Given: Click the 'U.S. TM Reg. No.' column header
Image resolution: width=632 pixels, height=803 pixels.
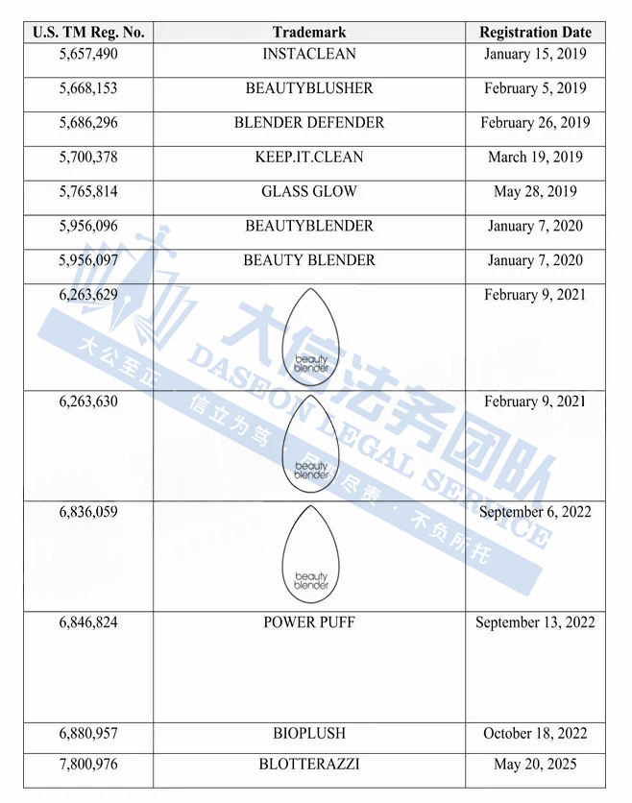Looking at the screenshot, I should coord(88,32).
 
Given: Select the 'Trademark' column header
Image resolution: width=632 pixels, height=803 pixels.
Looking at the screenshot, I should coord(309,32).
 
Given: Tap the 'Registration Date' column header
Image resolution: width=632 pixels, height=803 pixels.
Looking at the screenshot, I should coord(535,32).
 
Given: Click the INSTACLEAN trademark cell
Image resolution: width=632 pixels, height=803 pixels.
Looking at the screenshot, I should coord(309,54).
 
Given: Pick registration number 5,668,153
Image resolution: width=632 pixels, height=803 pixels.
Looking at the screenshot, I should coord(88,88).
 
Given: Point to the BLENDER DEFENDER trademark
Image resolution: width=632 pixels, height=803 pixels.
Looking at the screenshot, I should coord(309,123).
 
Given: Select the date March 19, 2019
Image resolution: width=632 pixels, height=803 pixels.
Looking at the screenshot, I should coord(535,158).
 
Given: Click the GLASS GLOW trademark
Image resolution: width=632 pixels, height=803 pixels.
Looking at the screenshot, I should coord(309,192).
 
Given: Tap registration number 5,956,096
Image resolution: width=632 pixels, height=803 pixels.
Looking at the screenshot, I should coord(88,227).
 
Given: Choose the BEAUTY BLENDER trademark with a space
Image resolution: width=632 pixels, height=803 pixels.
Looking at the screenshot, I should coord(309,260).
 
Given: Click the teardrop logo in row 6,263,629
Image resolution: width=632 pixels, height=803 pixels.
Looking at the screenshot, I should coord(310,332).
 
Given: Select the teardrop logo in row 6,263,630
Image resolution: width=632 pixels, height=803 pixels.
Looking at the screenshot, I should coord(310,441).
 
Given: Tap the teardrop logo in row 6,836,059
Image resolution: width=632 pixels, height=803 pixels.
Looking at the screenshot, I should coord(310,550).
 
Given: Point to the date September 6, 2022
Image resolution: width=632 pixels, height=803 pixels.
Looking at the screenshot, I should coord(535,512).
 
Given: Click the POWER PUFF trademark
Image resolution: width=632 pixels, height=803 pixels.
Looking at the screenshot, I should coord(309,622).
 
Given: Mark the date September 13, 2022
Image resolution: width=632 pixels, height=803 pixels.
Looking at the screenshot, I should coord(535,622).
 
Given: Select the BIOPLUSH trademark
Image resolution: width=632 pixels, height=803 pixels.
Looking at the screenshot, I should coord(309,734).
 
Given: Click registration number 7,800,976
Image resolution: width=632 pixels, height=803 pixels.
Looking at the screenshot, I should coord(88,765).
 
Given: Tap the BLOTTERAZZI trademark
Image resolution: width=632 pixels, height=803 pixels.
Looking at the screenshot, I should coord(309,765).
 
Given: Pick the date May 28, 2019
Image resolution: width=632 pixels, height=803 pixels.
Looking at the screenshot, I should coord(535,192).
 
